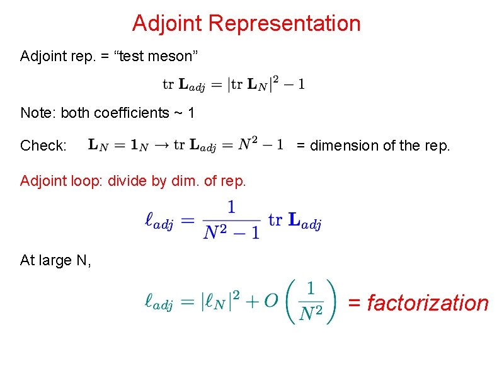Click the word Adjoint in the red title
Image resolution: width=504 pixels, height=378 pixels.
coord(168,24)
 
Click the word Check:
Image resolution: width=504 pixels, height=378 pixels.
coord(43,146)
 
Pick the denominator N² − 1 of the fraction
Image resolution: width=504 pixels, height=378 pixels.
coord(231,232)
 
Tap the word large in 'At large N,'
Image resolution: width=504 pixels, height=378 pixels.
coord(59,260)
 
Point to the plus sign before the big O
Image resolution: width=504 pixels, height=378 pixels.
coord(251,303)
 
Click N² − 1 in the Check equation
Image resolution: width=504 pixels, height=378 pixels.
coord(261,146)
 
